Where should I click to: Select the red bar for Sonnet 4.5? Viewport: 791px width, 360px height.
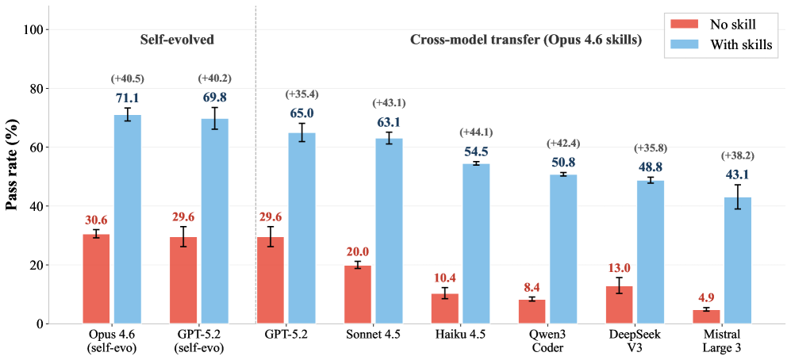(357, 294)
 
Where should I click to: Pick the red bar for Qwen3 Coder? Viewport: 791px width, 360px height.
(532, 312)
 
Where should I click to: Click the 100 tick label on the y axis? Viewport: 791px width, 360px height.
(36, 29)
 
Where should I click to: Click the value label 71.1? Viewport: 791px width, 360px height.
(128, 98)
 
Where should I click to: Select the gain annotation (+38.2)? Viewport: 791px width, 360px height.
(738, 155)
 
